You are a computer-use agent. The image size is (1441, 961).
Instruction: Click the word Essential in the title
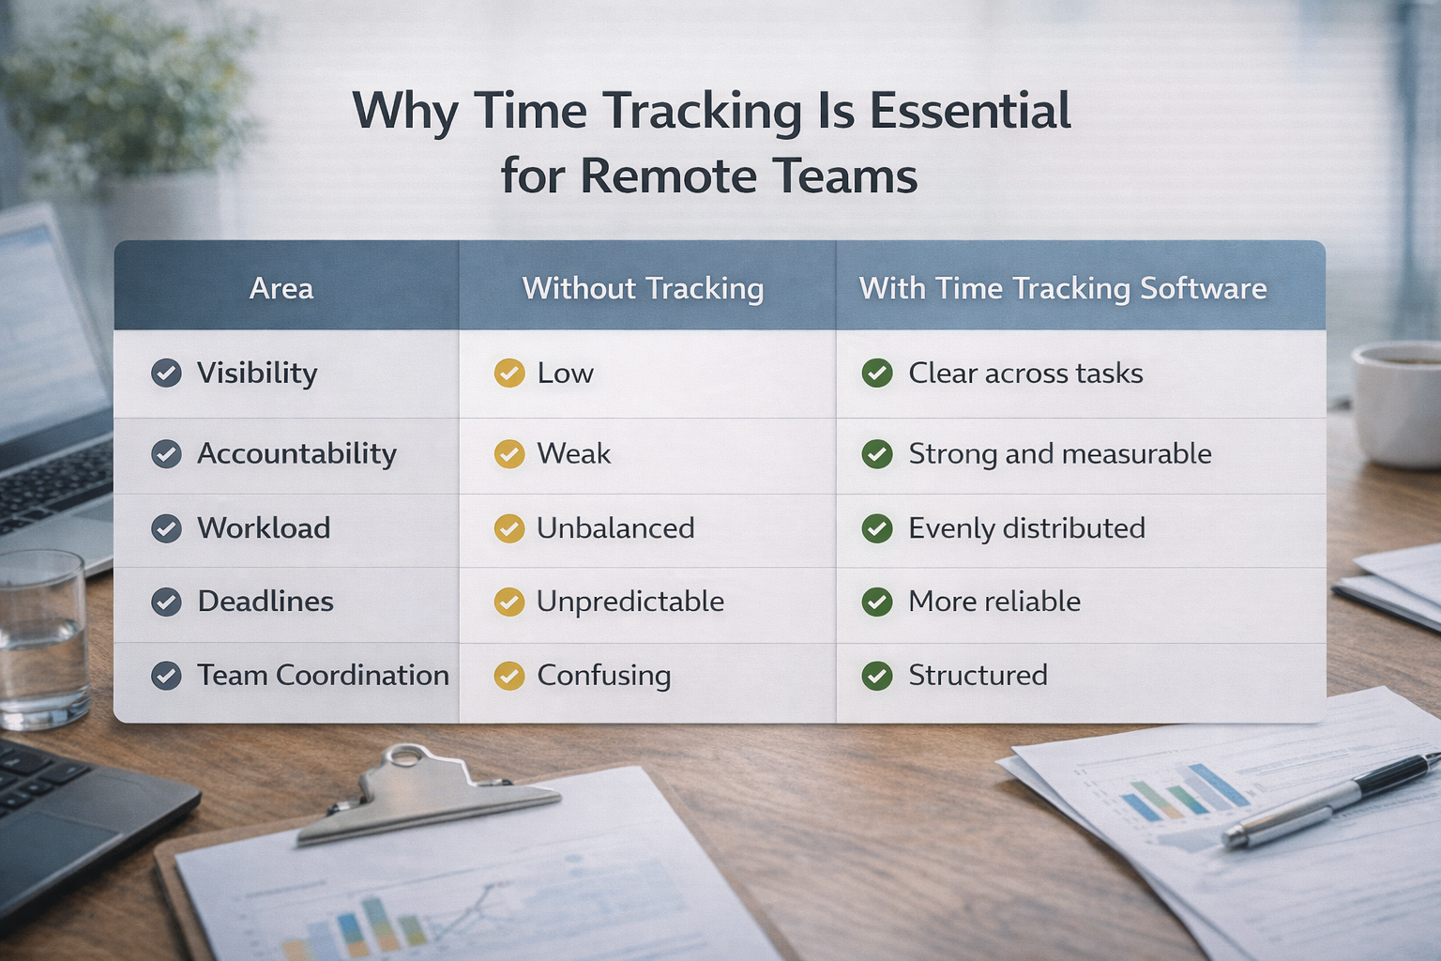click(x=969, y=111)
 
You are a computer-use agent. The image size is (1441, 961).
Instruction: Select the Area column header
click(x=281, y=288)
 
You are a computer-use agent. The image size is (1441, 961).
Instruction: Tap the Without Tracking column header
click(x=643, y=288)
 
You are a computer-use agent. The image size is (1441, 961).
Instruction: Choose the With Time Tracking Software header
click(x=1063, y=288)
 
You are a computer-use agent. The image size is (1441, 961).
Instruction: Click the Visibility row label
click(x=257, y=374)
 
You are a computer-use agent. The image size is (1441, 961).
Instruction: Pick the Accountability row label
click(x=296, y=454)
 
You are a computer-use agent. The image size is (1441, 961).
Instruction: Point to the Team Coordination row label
click(x=323, y=676)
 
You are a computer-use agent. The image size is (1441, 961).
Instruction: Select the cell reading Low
click(x=565, y=374)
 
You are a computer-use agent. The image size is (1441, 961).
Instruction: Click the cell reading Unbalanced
click(x=615, y=528)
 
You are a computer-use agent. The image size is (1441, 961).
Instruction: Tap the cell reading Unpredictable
click(x=630, y=602)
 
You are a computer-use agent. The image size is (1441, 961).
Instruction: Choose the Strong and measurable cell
click(x=1060, y=454)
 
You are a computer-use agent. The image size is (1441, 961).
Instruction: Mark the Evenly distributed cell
click(x=1026, y=528)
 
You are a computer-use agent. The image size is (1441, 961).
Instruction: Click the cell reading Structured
click(x=978, y=676)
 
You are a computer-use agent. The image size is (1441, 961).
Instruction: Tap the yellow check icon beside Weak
click(x=509, y=454)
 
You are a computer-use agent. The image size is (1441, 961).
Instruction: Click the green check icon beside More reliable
click(x=877, y=602)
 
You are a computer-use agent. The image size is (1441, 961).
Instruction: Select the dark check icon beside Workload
click(x=167, y=528)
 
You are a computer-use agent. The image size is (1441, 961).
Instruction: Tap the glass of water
click(x=42, y=638)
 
